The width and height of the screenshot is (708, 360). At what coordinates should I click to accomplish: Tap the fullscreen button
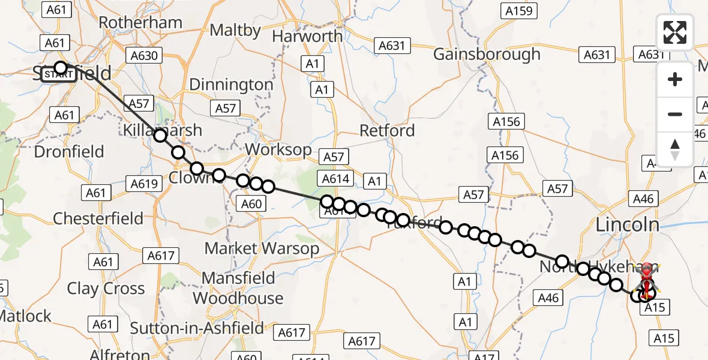pos(675,32)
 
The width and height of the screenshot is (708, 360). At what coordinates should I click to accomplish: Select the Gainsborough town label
pos(487,54)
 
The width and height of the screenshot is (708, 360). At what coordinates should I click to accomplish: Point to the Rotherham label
pos(140,23)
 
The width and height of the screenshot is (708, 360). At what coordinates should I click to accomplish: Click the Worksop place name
pos(278,149)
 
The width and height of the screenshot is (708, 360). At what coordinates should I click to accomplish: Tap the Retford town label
pos(386,130)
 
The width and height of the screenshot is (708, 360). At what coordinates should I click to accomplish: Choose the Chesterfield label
pos(98,218)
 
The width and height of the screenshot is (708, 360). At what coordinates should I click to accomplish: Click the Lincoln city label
pos(627,225)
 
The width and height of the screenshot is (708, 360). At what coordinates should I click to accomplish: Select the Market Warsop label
pos(262,248)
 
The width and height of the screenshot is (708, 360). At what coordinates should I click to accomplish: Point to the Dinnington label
pos(231,85)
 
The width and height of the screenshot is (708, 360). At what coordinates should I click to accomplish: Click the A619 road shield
pos(145,184)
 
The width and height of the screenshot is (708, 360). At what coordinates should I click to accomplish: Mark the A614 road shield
pos(335,178)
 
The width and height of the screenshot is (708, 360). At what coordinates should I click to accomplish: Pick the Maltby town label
pos(233,30)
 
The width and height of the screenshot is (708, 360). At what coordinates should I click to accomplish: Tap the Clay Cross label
pos(106,289)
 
